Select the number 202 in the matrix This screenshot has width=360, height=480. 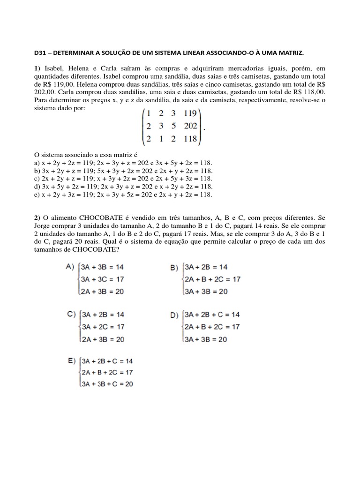coord(191,126)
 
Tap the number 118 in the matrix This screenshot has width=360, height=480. coord(191,139)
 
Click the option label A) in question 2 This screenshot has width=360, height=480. coord(70,267)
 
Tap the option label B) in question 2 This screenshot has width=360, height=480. coord(174,268)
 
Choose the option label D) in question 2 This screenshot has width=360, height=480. coord(174,315)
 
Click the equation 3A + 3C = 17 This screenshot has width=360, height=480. coord(103,279)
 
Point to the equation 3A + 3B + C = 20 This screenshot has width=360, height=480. coord(107,384)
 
